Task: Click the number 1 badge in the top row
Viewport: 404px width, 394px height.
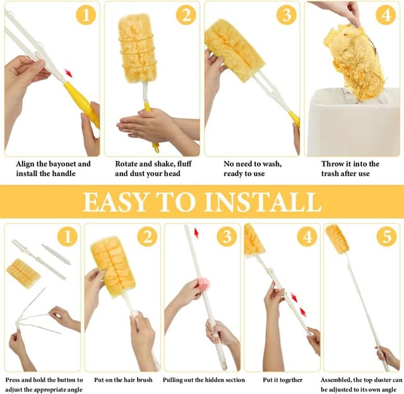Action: (x=86, y=15)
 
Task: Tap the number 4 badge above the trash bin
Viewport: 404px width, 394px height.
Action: (x=386, y=15)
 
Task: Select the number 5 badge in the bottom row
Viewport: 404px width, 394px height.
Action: (x=387, y=237)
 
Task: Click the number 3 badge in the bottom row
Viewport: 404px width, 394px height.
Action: (x=227, y=237)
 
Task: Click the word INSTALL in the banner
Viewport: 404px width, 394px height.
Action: (x=263, y=202)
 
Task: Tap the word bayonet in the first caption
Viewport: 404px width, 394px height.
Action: (x=62, y=164)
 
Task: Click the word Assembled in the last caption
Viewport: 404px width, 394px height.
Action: (x=336, y=380)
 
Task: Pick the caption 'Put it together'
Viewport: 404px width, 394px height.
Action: (x=283, y=380)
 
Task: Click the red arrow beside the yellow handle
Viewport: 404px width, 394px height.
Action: (x=68, y=73)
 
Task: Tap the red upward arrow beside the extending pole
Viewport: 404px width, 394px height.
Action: (x=196, y=233)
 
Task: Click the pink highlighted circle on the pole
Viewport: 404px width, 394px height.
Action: (x=204, y=284)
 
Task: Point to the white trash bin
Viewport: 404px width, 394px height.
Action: (x=353, y=122)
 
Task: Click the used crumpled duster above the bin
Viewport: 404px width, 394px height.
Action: (x=353, y=62)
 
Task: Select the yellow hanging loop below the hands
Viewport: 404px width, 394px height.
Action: (x=156, y=148)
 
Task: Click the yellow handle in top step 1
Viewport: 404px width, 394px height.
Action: (x=82, y=103)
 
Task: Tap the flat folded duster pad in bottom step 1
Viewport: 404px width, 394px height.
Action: (x=23, y=273)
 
